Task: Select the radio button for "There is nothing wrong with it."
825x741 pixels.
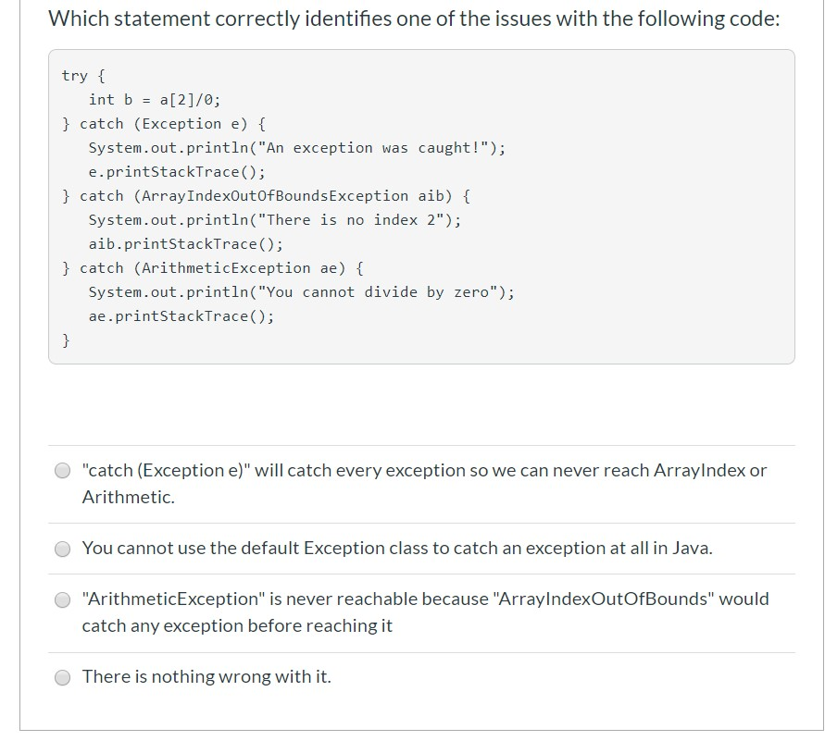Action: [62, 677]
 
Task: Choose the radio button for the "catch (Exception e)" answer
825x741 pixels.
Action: [62, 471]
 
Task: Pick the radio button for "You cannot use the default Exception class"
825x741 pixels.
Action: [62, 549]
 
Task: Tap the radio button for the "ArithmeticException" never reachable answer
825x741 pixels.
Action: [62, 599]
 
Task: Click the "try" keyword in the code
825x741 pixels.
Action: [74, 76]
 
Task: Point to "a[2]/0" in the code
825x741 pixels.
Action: [190, 100]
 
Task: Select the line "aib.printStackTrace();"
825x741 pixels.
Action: [185, 244]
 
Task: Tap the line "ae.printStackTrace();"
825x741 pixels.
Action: [181, 316]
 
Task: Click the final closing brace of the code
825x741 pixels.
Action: [66, 340]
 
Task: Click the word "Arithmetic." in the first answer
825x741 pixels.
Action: [128, 498]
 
